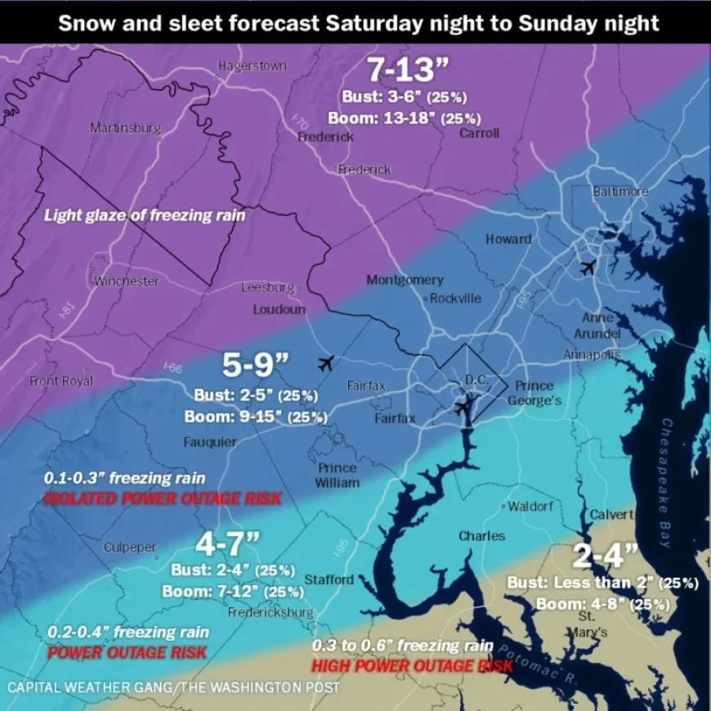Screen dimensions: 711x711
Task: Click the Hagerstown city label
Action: point(253,66)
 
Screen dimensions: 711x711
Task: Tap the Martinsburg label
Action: point(125,128)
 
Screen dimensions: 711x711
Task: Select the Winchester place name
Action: point(126,281)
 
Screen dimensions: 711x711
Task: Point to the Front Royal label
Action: point(61,381)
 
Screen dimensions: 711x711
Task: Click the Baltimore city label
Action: point(620,191)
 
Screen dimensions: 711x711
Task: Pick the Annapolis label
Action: point(592,355)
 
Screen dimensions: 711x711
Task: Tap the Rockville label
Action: point(455,298)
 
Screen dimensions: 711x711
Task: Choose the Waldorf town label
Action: point(530,507)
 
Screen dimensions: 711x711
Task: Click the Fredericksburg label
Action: point(271,612)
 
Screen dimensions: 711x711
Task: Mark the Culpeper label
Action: point(130,548)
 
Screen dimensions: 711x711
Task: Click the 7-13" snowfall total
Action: point(399,70)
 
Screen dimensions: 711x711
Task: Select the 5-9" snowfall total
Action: point(256,365)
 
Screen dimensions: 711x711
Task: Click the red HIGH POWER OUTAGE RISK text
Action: point(413,666)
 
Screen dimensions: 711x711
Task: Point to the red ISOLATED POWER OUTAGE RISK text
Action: point(162,499)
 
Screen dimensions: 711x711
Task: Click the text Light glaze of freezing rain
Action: point(145,215)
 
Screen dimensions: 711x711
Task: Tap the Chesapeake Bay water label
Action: point(666,482)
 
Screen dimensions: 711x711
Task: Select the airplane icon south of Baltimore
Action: point(587,267)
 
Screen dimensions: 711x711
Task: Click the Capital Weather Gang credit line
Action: point(173,687)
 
